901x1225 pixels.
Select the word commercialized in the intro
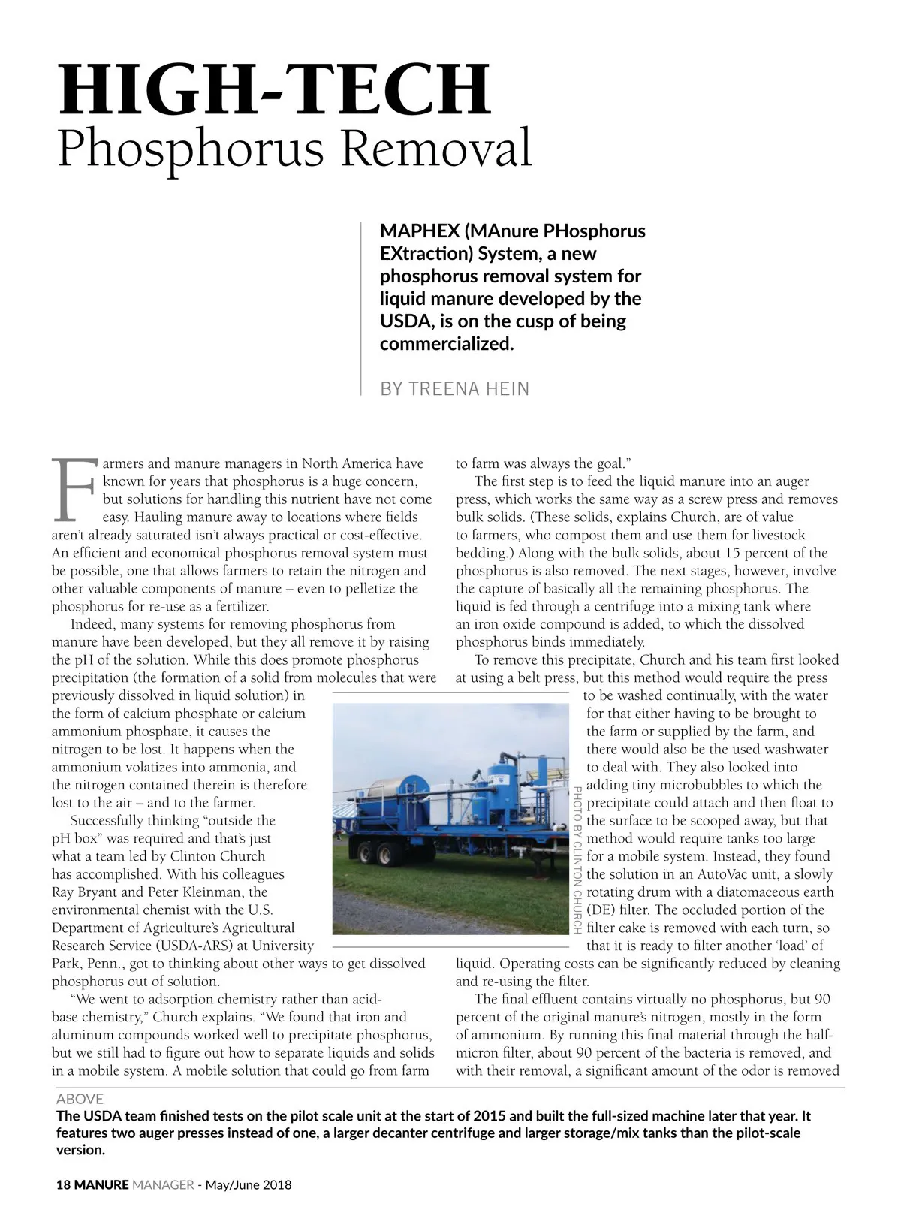pos(446,344)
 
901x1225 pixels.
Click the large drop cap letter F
pos(73,489)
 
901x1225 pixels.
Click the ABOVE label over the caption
pos(80,1099)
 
